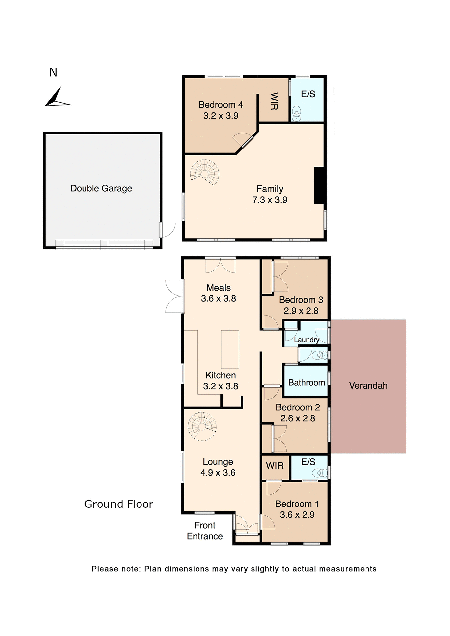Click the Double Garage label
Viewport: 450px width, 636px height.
(101, 188)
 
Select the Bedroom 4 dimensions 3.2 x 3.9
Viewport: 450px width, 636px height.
(221, 116)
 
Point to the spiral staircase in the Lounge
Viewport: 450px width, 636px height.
(202, 426)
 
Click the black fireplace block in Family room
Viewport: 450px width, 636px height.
(319, 185)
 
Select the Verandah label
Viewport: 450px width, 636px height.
(368, 386)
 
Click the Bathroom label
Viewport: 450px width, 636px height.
(307, 383)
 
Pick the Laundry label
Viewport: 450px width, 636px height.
(307, 340)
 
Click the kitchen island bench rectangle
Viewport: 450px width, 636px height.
(230, 349)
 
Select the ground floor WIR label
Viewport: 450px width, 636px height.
(275, 466)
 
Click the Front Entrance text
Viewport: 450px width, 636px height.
(205, 531)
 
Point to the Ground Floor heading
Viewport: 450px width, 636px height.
(119, 504)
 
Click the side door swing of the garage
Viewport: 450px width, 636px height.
(168, 230)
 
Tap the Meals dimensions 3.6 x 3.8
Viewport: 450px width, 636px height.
(218, 298)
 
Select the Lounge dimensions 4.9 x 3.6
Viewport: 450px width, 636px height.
(218, 473)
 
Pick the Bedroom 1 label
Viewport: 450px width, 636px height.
(297, 504)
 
